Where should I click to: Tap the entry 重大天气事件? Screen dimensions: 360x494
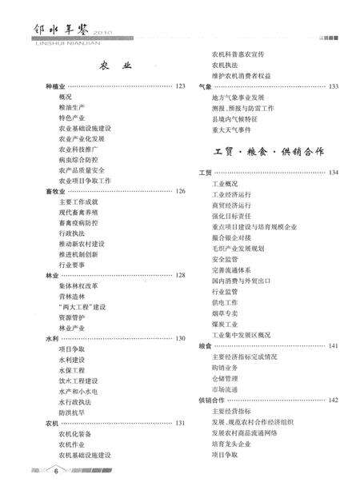pos(231,129)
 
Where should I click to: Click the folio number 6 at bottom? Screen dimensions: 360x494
pos(56,472)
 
